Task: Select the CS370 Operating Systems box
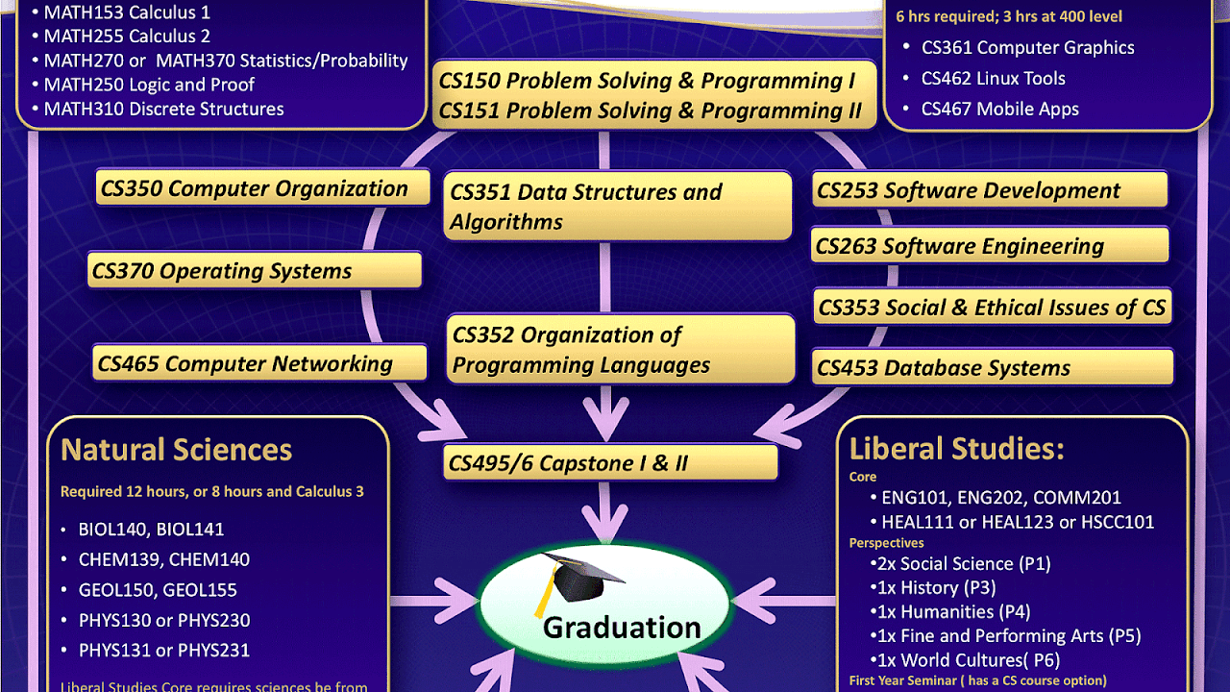[x=255, y=271]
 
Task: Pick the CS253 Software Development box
[x=990, y=190]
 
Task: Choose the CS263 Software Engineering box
[x=990, y=246]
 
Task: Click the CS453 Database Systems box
[x=992, y=367]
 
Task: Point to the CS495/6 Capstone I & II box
[x=609, y=463]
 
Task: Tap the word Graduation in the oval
[x=622, y=628]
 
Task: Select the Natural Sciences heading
[x=176, y=450]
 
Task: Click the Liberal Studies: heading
[x=956, y=449]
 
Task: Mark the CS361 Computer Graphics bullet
[x=1027, y=48]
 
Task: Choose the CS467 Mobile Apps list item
[x=999, y=110]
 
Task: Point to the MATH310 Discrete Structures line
[x=163, y=109]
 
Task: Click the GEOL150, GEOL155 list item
[x=158, y=590]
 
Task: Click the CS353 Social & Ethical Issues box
[x=992, y=308]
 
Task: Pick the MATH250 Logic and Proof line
[x=149, y=85]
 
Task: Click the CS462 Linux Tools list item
[x=993, y=79]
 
